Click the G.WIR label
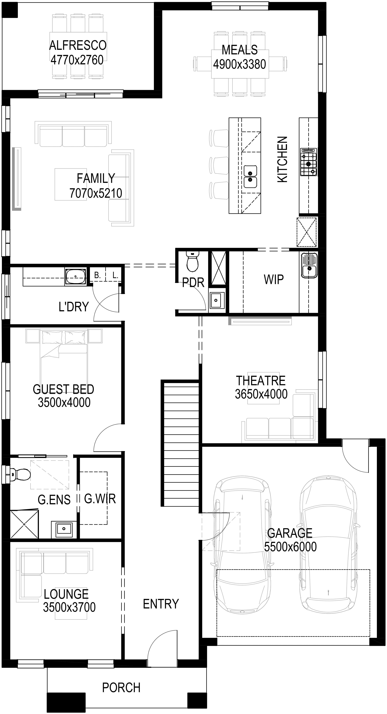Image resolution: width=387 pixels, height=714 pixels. coord(100,499)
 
